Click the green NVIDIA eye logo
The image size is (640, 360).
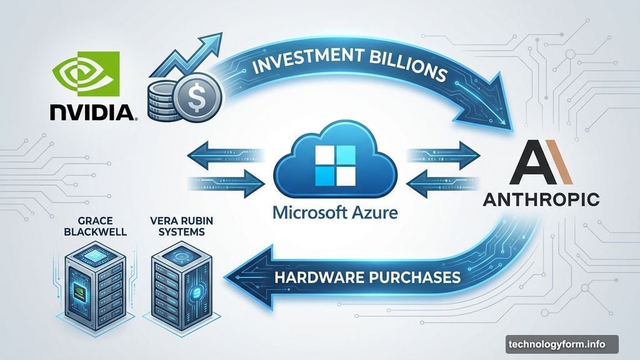point(86,74)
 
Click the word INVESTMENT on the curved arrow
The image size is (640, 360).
point(304,61)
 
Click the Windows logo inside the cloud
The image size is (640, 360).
point(336,165)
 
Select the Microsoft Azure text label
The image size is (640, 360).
point(335,212)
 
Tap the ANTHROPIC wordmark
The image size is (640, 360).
point(541,199)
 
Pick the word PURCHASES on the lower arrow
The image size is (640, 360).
point(415,277)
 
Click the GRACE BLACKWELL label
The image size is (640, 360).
point(95,226)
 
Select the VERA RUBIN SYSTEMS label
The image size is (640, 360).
point(181,226)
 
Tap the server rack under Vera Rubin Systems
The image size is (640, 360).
point(181,286)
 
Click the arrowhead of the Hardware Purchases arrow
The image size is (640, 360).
point(249,277)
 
